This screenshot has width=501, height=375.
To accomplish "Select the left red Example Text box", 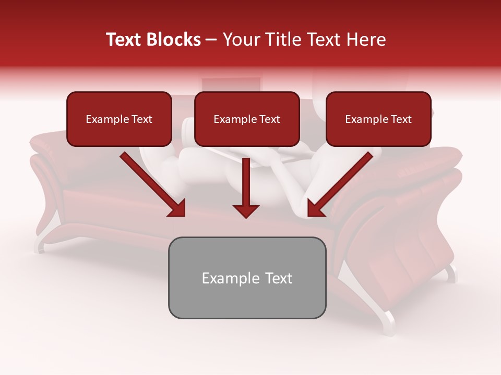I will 119,119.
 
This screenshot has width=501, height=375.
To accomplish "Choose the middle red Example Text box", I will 247,119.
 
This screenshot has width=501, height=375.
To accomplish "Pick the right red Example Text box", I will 378,119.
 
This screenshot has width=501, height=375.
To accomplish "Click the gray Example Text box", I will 247,278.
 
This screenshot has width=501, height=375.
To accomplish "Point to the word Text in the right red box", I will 401,119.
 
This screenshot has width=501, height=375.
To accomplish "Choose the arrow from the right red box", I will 340,184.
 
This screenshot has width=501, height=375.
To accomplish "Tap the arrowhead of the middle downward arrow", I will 246,210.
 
